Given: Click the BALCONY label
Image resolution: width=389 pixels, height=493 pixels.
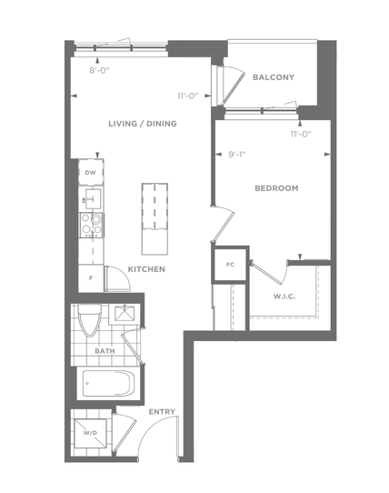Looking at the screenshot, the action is (274, 77).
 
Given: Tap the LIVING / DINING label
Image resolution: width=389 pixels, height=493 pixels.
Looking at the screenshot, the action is (143, 124).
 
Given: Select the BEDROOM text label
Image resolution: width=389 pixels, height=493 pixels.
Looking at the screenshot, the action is (276, 188).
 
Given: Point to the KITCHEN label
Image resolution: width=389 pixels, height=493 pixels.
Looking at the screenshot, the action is (146, 269).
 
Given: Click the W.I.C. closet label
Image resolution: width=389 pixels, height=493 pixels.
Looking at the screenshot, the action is (284, 297).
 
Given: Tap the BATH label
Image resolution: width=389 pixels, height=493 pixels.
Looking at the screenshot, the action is (105, 351).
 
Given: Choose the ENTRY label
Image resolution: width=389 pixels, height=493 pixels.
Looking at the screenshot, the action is (162, 411).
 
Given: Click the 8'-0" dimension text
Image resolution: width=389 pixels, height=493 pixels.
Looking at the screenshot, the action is (99, 70).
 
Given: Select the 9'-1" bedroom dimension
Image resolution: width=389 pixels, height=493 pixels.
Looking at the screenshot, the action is (237, 155).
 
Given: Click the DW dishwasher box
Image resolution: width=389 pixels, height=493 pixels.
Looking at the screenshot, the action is (91, 172).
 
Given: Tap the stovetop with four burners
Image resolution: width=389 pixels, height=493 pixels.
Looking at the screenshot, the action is (92, 225).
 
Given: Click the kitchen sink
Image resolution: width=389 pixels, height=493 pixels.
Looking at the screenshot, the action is (93, 198).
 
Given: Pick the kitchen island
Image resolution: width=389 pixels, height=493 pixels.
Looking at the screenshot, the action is (155, 219).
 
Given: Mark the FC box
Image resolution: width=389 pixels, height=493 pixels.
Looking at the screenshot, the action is (230, 265).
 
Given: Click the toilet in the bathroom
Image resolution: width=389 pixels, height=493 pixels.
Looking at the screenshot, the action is (90, 320).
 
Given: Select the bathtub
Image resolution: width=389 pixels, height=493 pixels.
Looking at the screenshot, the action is (109, 383).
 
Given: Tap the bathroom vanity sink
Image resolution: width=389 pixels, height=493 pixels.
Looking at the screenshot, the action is (125, 314).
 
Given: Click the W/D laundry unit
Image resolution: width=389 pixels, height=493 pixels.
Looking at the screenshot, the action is (91, 433).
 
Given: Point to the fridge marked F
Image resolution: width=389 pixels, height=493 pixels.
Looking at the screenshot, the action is (91, 278).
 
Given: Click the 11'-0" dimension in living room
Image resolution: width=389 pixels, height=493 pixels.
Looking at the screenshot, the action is (188, 96).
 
